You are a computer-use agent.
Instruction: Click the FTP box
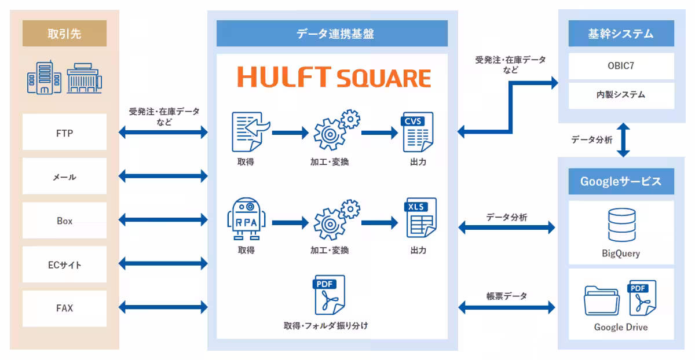coord(64,133)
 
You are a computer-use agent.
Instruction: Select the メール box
coord(64,177)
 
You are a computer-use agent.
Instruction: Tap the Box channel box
coord(64,221)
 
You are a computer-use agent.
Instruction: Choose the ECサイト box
coord(64,265)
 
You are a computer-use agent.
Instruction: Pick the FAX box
coord(64,308)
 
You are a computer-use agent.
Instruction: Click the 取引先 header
coord(64,34)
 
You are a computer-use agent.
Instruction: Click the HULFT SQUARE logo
coord(334,78)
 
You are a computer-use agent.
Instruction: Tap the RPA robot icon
coord(246,220)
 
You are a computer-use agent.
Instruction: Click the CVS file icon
coord(417,132)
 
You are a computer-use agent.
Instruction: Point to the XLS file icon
coord(420,218)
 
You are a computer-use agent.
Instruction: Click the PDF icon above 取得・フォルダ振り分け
coord(328,295)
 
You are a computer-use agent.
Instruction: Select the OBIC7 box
coord(621,66)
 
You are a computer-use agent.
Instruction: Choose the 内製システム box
coord(621,95)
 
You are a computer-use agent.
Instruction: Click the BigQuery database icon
coord(621,226)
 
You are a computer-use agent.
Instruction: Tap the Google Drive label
coord(621,327)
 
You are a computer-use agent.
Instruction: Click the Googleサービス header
coord(621,182)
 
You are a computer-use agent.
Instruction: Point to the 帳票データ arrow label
coord(507,296)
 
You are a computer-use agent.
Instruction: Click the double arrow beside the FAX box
coord(163,308)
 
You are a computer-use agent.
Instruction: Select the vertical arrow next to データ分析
coord(623,139)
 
